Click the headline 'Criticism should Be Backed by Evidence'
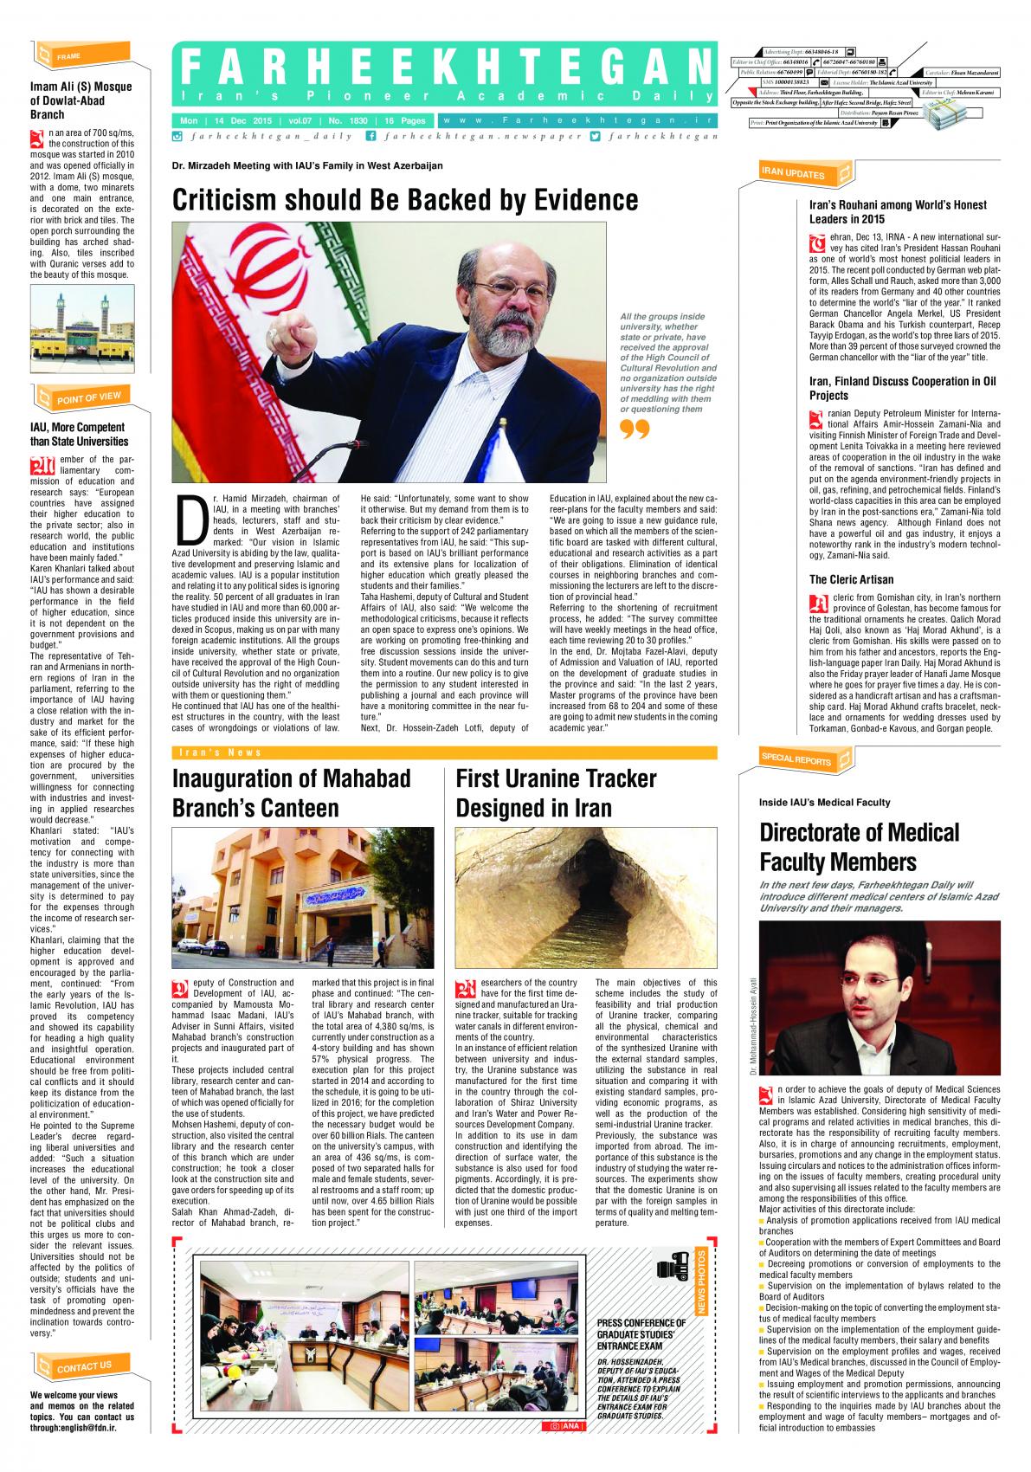405,200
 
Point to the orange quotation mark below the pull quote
635,429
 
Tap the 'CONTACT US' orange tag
84,1367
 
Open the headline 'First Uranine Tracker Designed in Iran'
556,792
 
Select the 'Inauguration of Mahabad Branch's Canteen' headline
291,792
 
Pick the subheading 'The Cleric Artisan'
839,579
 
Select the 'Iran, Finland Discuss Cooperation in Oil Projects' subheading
902,388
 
